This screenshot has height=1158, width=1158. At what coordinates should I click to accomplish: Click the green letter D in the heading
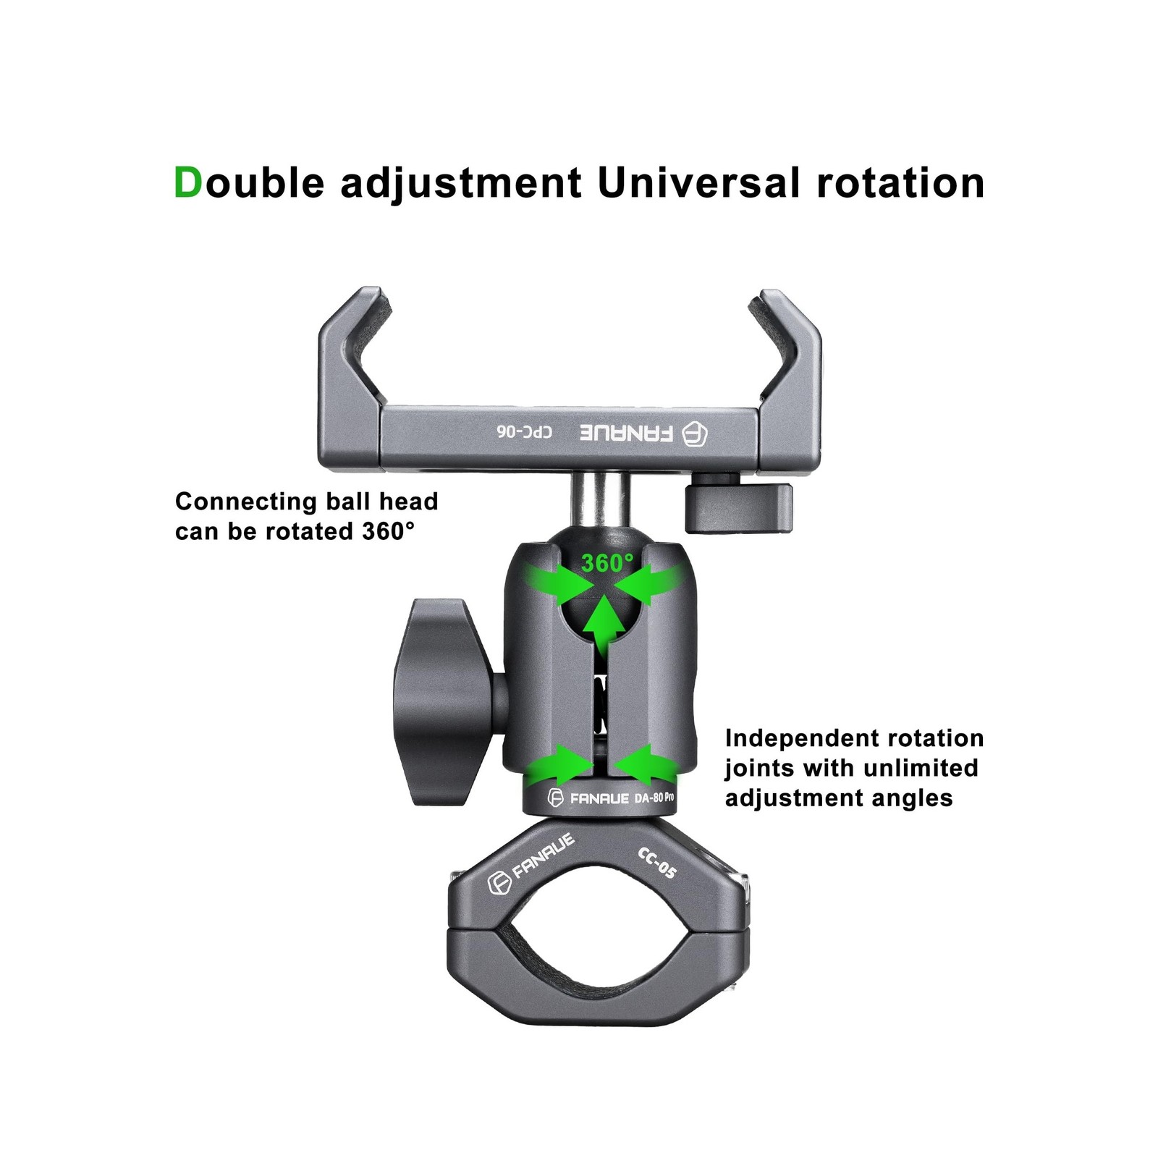point(187,183)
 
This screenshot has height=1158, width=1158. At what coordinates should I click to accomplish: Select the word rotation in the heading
point(900,183)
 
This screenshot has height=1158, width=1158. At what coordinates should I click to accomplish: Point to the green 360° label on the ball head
point(607,562)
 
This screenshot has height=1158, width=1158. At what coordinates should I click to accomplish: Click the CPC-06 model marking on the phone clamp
point(525,432)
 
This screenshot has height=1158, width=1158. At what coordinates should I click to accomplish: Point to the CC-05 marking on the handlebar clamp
point(657,862)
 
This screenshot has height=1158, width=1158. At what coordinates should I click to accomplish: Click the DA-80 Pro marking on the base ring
point(654,798)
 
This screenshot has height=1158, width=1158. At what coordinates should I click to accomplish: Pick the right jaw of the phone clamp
point(790,362)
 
